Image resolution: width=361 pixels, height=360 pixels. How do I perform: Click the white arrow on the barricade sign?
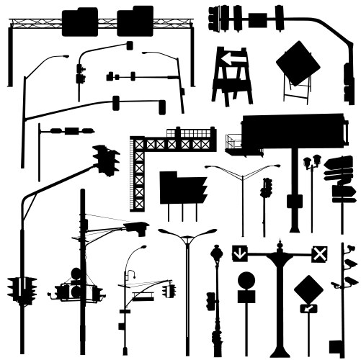click(x=230, y=58)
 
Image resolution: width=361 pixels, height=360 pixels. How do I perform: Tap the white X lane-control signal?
click(x=319, y=253)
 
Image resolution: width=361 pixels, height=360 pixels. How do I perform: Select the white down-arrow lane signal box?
click(x=239, y=253)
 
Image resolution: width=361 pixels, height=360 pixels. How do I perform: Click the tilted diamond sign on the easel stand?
click(x=298, y=62)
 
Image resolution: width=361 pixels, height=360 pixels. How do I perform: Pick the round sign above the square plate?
click(x=246, y=279)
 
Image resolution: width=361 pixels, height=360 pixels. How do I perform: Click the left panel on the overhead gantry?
click(x=79, y=22)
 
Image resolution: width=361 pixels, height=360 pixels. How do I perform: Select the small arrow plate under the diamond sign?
click(x=308, y=309)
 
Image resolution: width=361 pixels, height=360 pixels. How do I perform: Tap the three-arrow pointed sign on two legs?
click(x=183, y=189)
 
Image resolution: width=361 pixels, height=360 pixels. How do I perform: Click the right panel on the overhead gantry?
click(x=135, y=21)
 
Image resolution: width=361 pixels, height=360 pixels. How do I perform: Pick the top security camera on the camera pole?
click(x=349, y=249)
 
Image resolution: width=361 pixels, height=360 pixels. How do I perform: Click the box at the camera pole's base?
click(x=336, y=346)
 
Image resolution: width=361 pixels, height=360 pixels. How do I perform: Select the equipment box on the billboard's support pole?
click(x=294, y=200)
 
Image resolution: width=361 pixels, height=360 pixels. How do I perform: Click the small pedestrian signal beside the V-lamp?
click(x=267, y=188)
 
